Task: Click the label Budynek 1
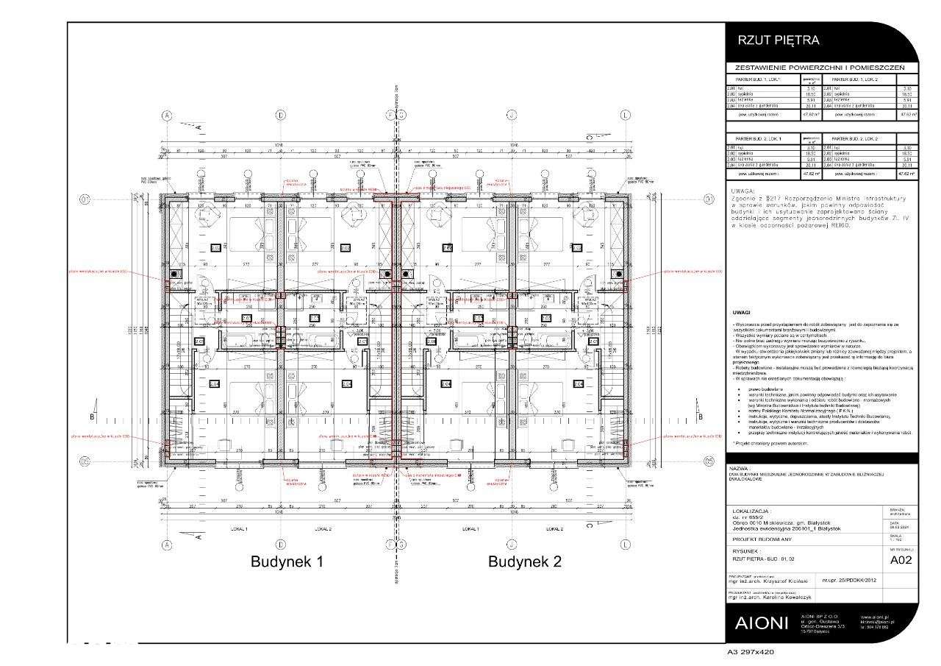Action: (287, 562)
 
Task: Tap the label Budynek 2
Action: (525, 562)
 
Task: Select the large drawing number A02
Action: (901, 560)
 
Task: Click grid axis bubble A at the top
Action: (167, 115)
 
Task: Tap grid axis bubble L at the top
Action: (625, 115)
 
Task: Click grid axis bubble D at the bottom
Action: (281, 545)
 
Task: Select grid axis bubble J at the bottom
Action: (510, 545)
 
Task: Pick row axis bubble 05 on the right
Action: (708, 461)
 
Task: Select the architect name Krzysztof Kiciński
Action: (790, 581)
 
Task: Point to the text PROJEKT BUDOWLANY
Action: (763, 539)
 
